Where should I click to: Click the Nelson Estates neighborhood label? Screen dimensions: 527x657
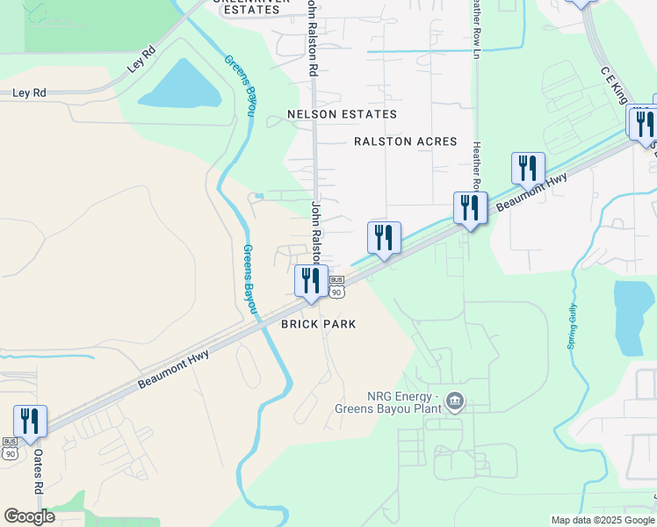343,114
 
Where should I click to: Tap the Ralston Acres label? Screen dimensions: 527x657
406,141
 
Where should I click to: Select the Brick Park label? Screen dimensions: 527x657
318,324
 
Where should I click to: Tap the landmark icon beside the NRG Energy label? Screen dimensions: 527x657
455,402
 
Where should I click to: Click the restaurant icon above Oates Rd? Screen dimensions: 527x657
31,422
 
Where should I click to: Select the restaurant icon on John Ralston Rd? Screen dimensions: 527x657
311,281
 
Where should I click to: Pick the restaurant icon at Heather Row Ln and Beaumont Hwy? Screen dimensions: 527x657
471,208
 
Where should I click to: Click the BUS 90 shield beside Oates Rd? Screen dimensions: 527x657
10,448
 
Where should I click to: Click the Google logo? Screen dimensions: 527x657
29,516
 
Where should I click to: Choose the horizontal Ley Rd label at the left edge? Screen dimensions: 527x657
29,92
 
